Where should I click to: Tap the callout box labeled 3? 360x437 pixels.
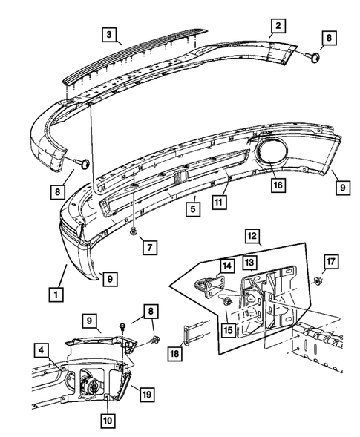pyautogui.click(x=109, y=34)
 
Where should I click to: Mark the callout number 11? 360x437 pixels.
pyautogui.click(x=217, y=201)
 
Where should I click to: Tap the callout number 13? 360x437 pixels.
pyautogui.click(x=249, y=262)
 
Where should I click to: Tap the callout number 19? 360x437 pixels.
pyautogui.click(x=147, y=394)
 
